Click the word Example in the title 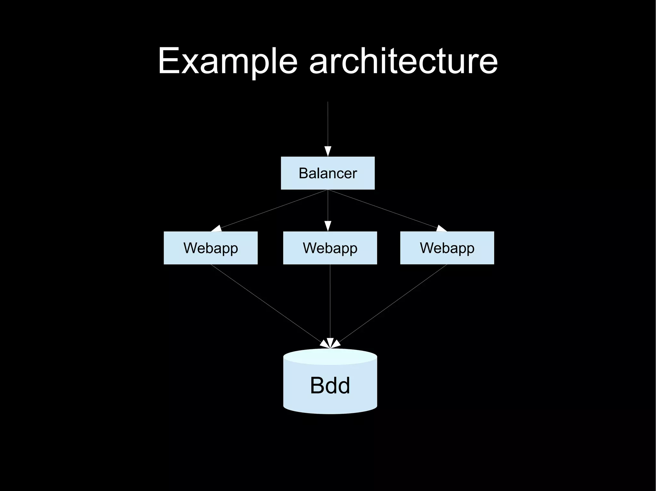228,61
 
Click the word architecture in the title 403,61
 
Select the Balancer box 328,173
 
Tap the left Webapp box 210,248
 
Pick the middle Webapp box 330,248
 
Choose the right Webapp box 447,248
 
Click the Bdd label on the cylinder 330,385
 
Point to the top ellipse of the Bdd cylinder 330,356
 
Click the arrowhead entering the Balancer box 328,151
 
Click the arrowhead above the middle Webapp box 328,226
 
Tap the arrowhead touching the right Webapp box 441,228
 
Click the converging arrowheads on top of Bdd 330,344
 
